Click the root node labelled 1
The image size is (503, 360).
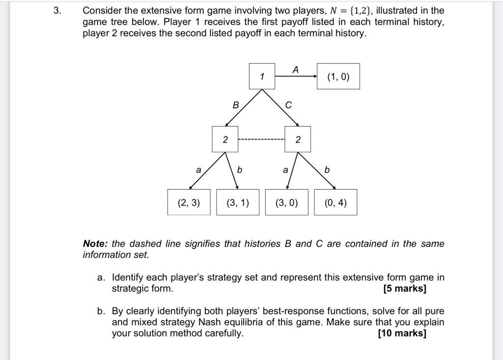pyautogui.click(x=262, y=76)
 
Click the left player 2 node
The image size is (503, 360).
pyautogui.click(x=225, y=139)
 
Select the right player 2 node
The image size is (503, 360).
pyautogui.click(x=298, y=139)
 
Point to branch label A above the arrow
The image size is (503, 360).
pyautogui.click(x=295, y=70)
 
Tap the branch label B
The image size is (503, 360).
pyautogui.click(x=236, y=105)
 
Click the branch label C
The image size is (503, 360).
pyautogui.click(x=288, y=105)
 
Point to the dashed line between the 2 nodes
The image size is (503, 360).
pyautogui.click(x=261, y=139)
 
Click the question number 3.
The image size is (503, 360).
pyautogui.click(x=58, y=11)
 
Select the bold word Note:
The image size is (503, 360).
pyautogui.click(x=95, y=244)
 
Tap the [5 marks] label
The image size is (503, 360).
pyautogui.click(x=405, y=288)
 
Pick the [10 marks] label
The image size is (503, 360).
pyautogui.click(x=402, y=333)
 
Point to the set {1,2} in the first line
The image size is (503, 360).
pyautogui.click(x=360, y=11)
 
